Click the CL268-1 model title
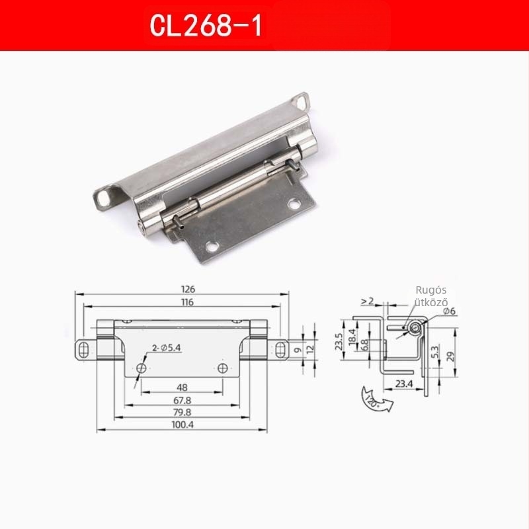coord(206,26)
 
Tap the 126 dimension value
coord(188,289)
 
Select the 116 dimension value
coord(187,302)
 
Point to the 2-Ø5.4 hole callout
coord(167,348)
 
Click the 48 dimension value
coord(183,387)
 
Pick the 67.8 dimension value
coord(183,401)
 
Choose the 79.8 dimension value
coord(183,412)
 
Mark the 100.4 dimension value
coord(183,425)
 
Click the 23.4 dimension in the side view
coord(404,384)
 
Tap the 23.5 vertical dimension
coord(339,341)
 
